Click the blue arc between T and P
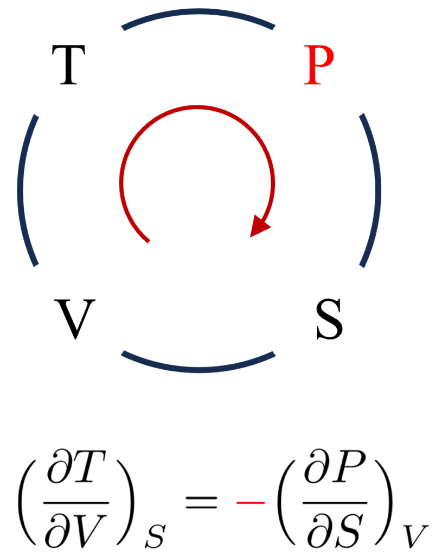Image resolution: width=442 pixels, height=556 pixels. point(198,12)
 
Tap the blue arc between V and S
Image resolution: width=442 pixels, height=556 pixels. point(198,369)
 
